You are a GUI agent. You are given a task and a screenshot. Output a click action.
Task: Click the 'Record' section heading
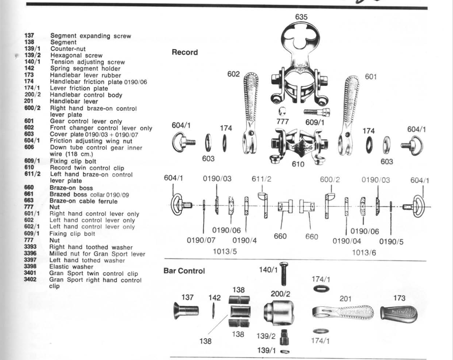point(184,52)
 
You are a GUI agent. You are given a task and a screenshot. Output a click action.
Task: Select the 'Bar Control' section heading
point(184,271)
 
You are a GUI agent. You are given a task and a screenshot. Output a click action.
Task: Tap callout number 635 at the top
point(301,17)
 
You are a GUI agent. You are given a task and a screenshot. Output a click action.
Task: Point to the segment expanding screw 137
point(186,310)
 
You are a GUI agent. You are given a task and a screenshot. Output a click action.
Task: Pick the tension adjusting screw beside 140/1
point(283,274)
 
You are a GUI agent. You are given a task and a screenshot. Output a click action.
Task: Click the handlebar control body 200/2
point(278,312)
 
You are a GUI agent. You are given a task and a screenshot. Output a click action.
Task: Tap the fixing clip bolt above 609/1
point(317,111)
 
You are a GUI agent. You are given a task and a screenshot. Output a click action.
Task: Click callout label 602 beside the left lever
point(234,75)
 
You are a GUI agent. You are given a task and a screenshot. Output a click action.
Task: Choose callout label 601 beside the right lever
point(370,76)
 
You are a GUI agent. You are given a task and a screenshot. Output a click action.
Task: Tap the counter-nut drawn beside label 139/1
point(286,351)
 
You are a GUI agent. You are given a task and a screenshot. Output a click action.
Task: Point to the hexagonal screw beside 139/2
point(285,336)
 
